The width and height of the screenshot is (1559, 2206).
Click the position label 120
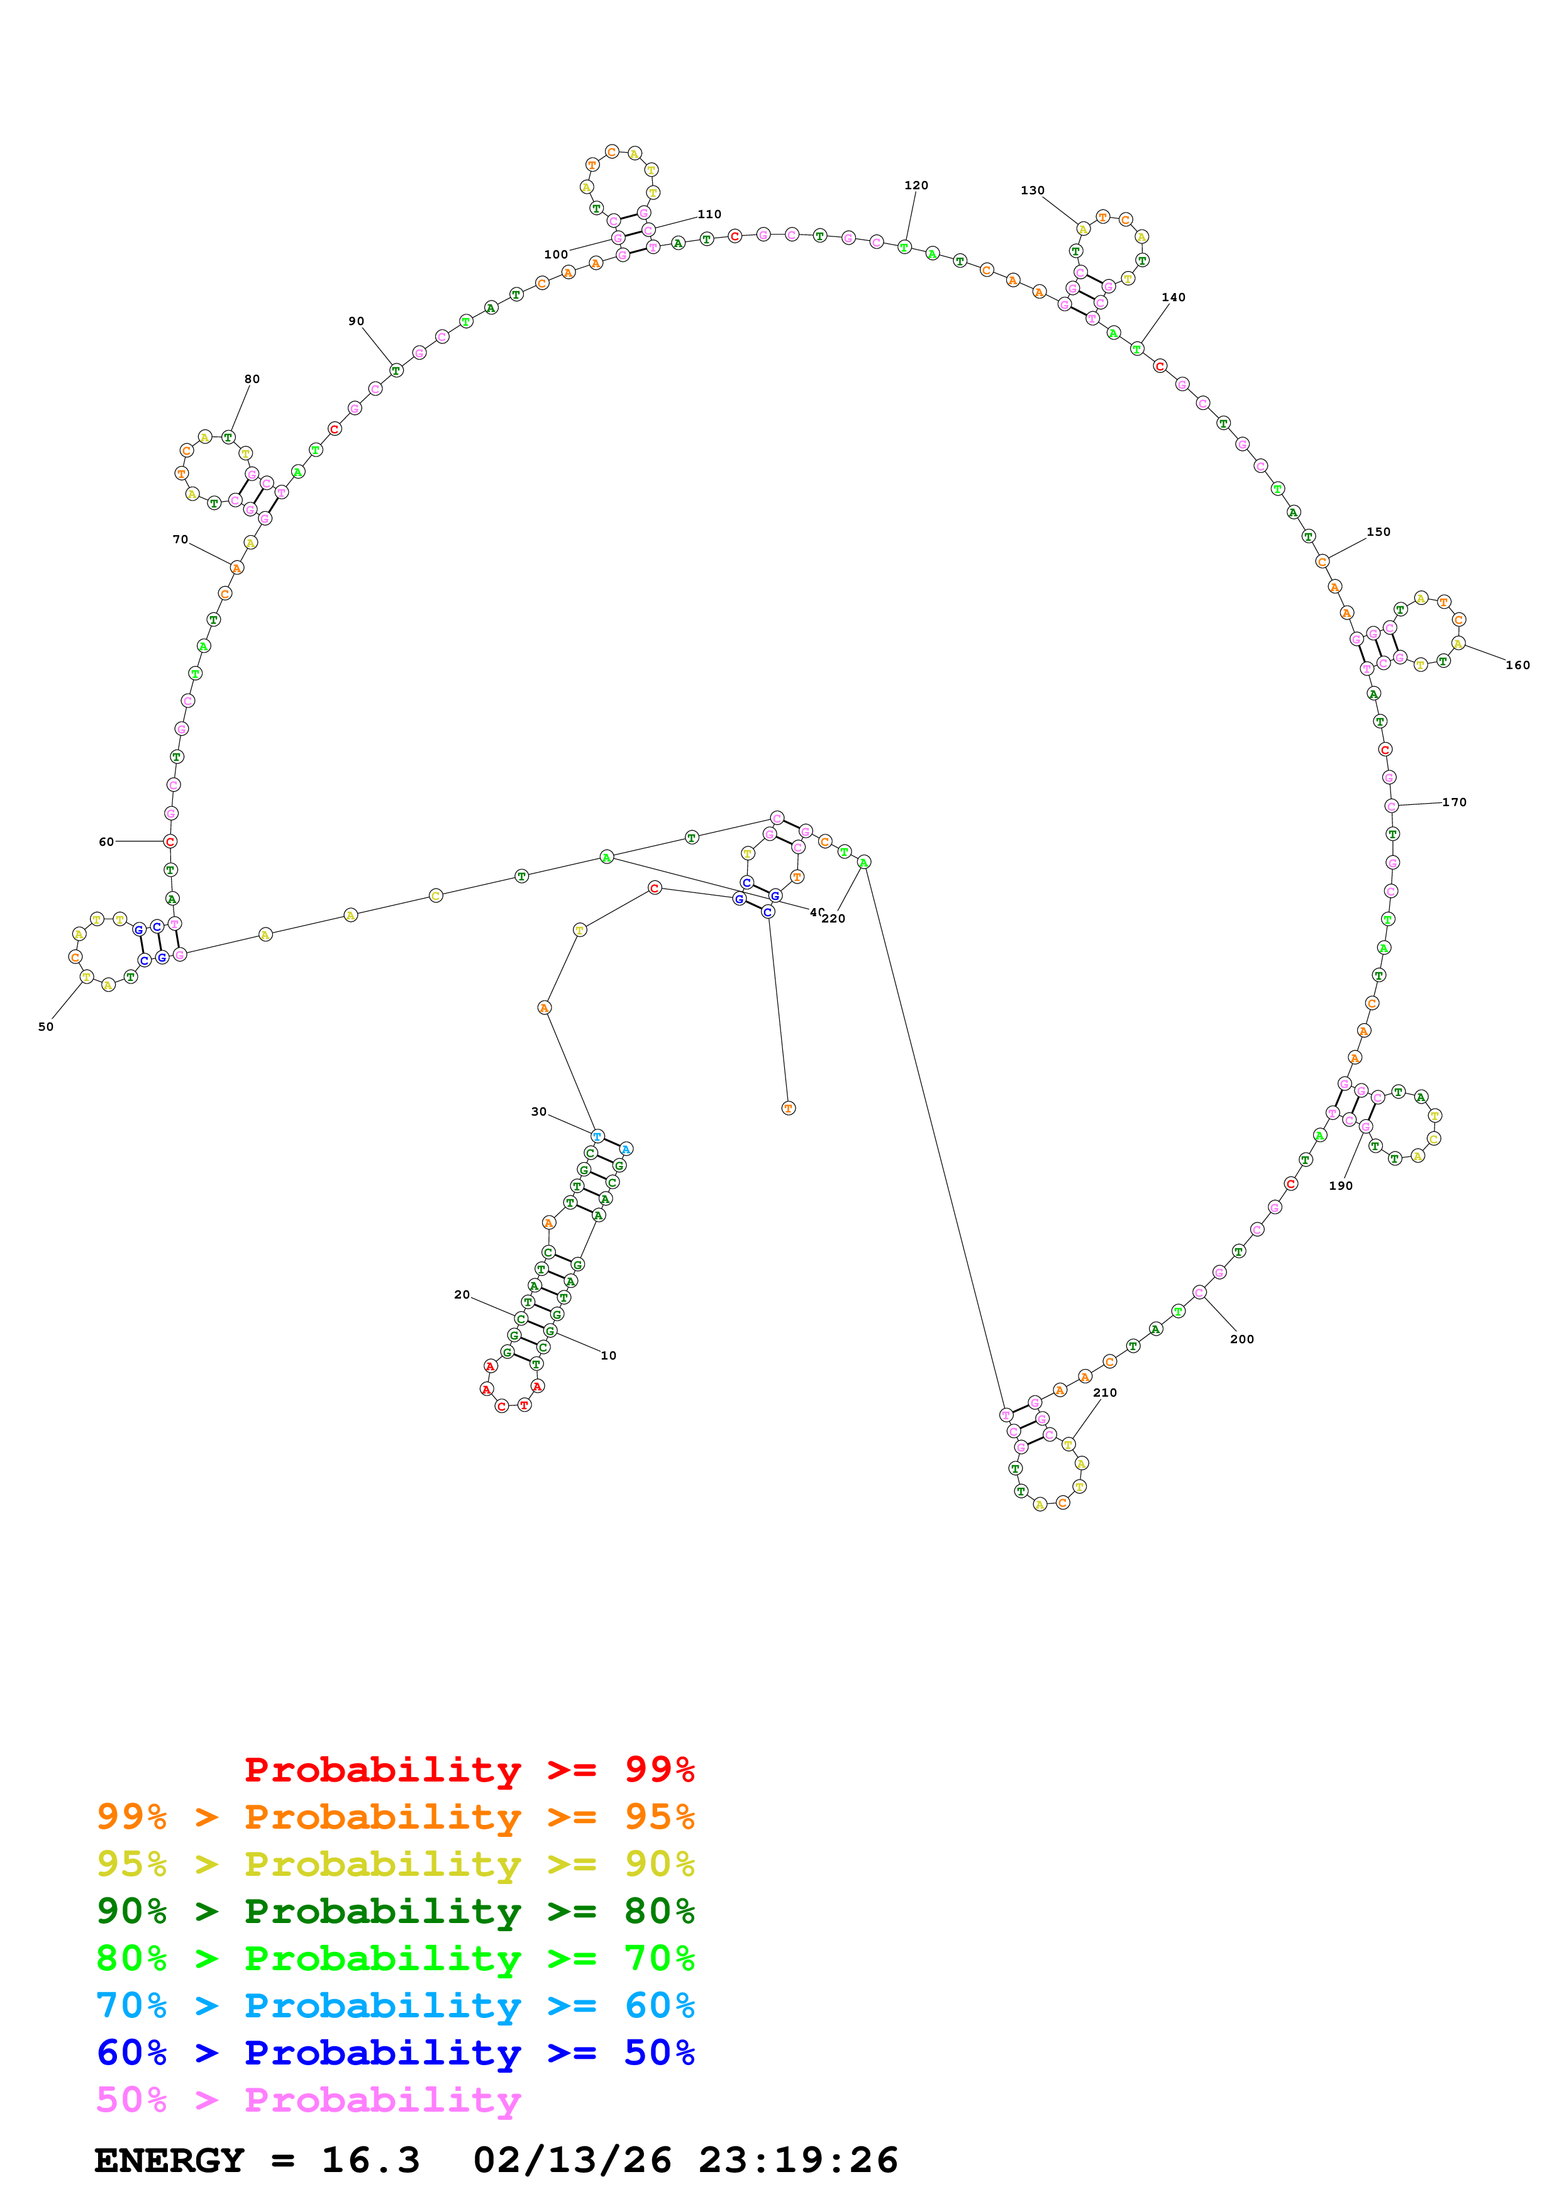916,186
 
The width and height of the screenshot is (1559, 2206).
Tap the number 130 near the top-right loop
1033,191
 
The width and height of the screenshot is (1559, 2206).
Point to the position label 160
1517,665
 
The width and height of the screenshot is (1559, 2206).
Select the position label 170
1455,802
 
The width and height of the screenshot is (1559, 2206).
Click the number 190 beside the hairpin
1340,1185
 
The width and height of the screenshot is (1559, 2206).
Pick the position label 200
1242,1339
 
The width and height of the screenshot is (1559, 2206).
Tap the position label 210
1105,1392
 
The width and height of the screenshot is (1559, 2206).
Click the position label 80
252,379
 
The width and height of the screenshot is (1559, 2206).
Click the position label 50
46,1026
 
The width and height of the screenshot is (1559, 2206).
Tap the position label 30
539,1112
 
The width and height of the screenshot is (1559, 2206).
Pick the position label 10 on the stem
608,1356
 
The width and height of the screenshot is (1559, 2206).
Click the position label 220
834,919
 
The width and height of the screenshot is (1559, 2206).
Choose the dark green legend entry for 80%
395,1911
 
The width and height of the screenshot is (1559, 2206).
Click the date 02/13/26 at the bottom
572,2160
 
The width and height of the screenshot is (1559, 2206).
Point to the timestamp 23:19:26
797,2160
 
